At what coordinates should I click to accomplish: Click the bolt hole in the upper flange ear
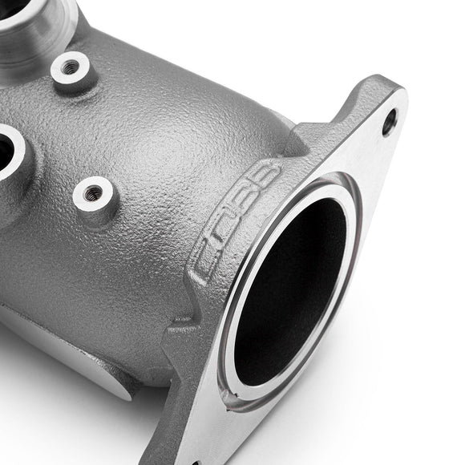tap(389, 122)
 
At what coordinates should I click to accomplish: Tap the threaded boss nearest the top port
tap(71, 67)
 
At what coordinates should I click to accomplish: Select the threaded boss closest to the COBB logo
tap(94, 192)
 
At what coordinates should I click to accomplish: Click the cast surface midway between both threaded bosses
tap(84, 128)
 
